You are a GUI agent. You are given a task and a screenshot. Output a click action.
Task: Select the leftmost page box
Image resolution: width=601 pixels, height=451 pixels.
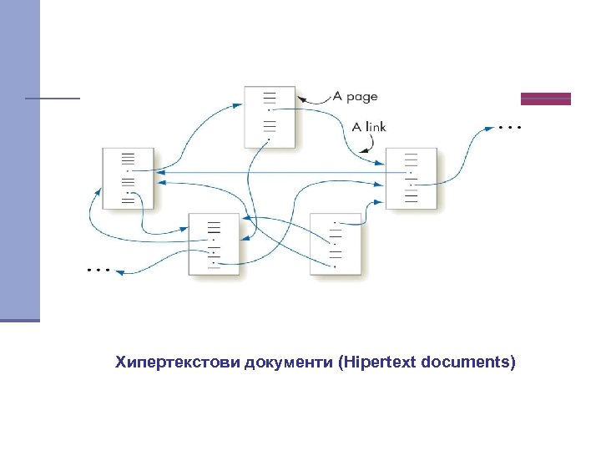tap(129, 178)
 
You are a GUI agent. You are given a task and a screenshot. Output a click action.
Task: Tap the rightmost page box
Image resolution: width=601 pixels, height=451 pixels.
tap(412, 178)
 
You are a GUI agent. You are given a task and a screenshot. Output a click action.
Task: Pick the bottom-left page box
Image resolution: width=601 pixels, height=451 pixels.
tap(214, 243)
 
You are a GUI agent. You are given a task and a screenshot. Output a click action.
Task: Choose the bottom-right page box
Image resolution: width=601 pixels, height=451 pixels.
tap(336, 243)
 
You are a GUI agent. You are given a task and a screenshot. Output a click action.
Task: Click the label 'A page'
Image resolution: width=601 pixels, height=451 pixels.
tap(355, 97)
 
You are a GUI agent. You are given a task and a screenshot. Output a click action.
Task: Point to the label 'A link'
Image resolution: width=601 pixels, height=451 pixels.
tap(368, 127)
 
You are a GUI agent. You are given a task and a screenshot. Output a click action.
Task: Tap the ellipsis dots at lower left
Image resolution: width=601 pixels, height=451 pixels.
tap(98, 271)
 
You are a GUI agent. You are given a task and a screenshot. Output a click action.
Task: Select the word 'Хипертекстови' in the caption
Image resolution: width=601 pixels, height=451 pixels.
tap(177, 362)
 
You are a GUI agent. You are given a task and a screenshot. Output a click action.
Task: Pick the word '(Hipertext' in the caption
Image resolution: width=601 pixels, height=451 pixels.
tap(378, 362)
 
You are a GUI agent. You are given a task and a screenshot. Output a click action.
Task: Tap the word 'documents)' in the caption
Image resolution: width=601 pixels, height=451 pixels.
tap(469, 362)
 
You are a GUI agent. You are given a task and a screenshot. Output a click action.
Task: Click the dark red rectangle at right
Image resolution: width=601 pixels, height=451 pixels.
tap(546, 99)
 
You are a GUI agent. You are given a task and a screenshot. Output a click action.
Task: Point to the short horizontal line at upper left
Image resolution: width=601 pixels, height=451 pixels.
tap(52, 99)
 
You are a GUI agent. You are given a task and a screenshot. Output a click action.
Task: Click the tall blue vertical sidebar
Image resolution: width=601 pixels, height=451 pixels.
tap(20, 159)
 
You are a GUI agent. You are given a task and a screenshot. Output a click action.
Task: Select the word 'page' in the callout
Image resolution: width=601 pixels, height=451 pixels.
tap(361, 98)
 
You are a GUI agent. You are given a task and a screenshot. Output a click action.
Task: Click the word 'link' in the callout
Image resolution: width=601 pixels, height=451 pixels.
tap(375, 127)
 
